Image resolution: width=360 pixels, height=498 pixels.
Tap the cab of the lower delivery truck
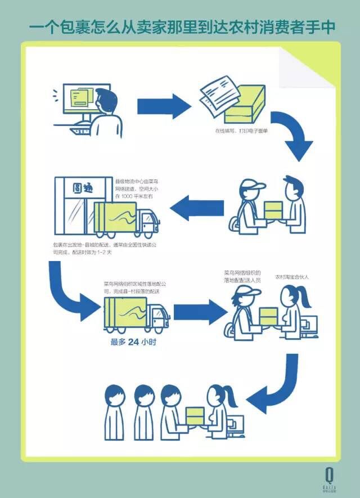(157, 316)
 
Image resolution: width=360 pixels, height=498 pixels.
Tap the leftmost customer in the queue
(115, 411)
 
